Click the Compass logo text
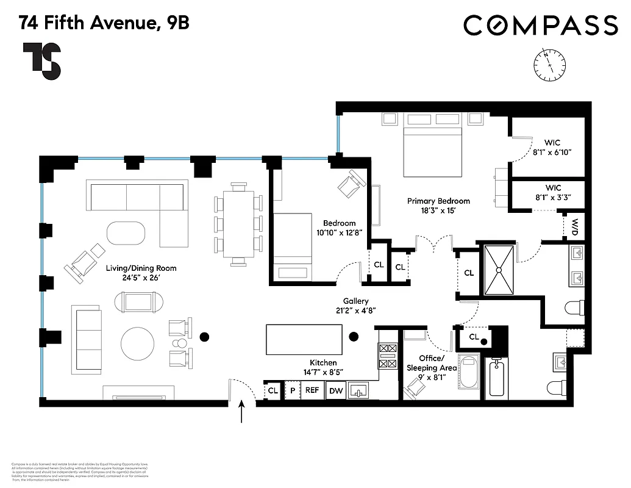(540, 26)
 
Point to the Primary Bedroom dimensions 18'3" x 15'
(438, 210)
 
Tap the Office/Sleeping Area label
(432, 368)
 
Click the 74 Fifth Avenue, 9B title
(104, 23)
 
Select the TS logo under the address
(42, 61)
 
